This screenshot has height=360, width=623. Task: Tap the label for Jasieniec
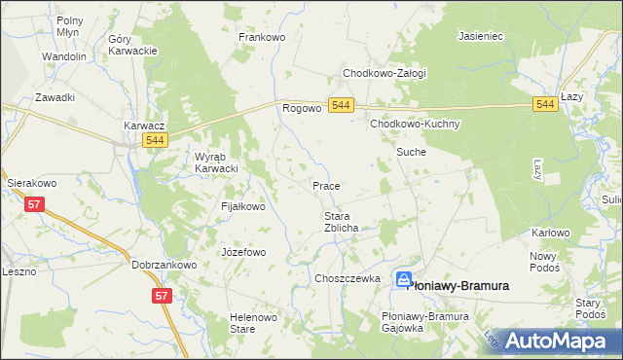[x=480, y=36]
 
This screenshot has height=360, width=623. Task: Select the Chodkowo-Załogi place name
[x=384, y=72]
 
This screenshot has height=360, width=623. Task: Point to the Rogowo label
[x=302, y=108]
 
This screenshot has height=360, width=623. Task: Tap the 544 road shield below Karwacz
[x=154, y=141]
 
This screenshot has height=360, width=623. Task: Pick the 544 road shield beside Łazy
[x=545, y=105]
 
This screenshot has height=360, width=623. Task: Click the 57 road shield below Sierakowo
[x=35, y=204]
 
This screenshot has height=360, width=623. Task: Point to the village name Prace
[x=325, y=185]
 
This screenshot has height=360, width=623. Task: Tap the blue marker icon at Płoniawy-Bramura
[x=405, y=280]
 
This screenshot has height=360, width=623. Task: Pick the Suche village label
[x=410, y=153]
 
